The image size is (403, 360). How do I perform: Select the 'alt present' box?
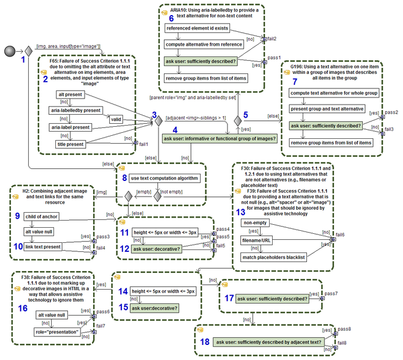click(x=70, y=96)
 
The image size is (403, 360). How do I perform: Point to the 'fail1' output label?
click(x=144, y=145)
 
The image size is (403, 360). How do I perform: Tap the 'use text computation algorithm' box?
click(x=165, y=178)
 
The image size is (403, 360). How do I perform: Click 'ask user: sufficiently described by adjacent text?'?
click(x=275, y=342)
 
